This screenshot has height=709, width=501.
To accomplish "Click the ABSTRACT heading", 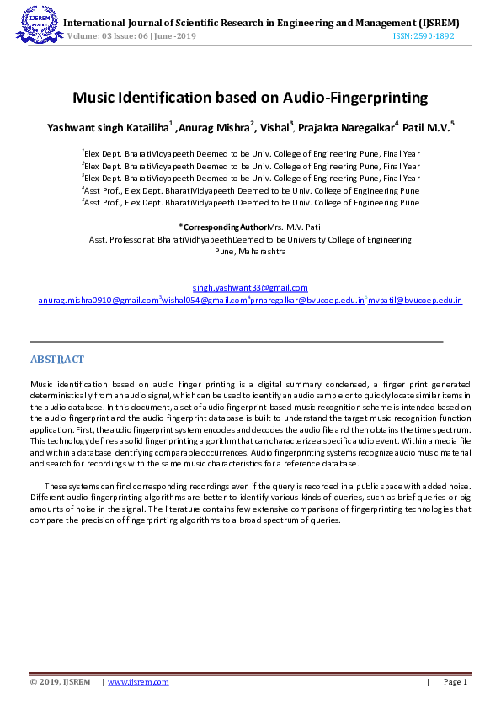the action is [x=57, y=360].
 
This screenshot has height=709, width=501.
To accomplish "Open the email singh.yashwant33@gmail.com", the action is [x=250, y=288].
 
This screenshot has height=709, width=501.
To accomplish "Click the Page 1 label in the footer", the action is [x=455, y=681].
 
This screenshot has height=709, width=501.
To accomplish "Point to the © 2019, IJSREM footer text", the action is [x=60, y=681].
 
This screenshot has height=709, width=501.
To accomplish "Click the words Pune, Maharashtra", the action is [x=250, y=251].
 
